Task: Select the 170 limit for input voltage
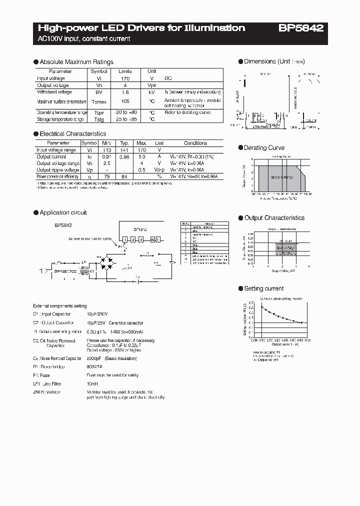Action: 125,78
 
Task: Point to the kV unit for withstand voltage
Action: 152,92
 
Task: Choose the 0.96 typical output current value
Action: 125,156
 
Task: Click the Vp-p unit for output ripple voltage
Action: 159,170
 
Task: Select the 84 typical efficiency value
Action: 125,176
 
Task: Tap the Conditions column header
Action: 195,143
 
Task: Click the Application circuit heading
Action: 63,212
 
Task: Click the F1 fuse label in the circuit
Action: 119,247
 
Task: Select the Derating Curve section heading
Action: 264,148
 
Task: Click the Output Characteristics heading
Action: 274,218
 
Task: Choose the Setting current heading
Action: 263,288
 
